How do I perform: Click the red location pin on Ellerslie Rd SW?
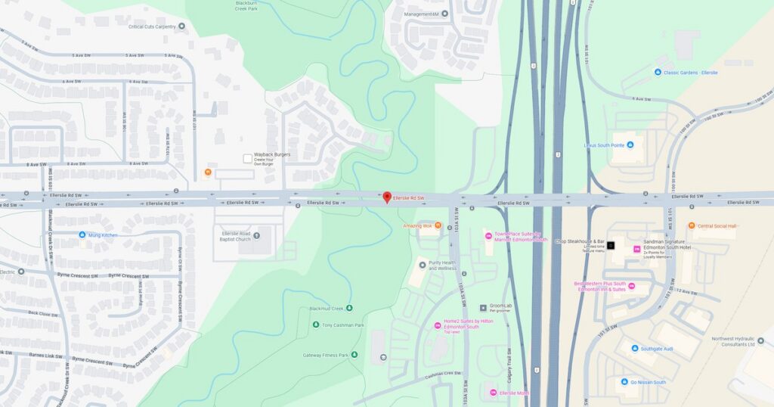tap(387, 197)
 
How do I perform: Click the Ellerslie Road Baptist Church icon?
tap(256, 235)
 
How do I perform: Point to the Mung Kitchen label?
tap(104, 235)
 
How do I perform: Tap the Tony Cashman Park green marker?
tap(315, 325)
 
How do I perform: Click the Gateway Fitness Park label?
tap(325, 355)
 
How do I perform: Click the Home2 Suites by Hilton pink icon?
tap(438, 325)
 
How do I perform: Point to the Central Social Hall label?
tap(717, 225)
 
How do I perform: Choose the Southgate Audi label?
tap(656, 349)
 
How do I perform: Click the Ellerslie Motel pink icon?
tap(494, 393)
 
